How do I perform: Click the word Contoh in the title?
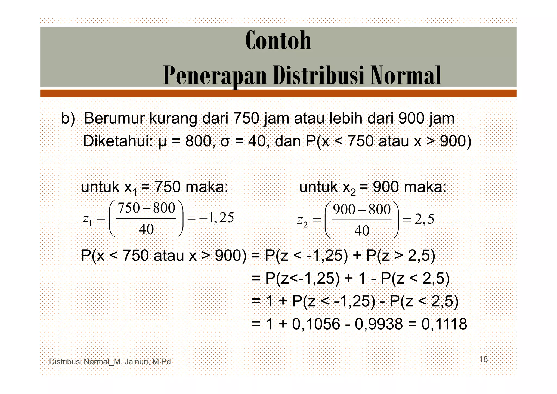pyautogui.click(x=278, y=41)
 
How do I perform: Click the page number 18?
pyautogui.click(x=483, y=359)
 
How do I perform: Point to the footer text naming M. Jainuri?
pyautogui.click(x=110, y=362)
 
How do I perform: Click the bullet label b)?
pyautogui.click(x=68, y=119)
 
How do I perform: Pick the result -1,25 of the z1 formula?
pyautogui.click(x=216, y=218)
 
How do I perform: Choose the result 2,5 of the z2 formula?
pyautogui.click(x=424, y=219)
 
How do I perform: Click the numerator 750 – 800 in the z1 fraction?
pyautogui.click(x=146, y=208)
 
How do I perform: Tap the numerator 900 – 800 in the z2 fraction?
pyautogui.click(x=362, y=210)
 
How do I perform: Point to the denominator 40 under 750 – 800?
pyautogui.click(x=146, y=229)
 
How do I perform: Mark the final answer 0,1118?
pyautogui.click(x=444, y=324)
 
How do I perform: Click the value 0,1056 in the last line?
pyautogui.click(x=316, y=324)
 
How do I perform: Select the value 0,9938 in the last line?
pyautogui.click(x=379, y=324)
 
